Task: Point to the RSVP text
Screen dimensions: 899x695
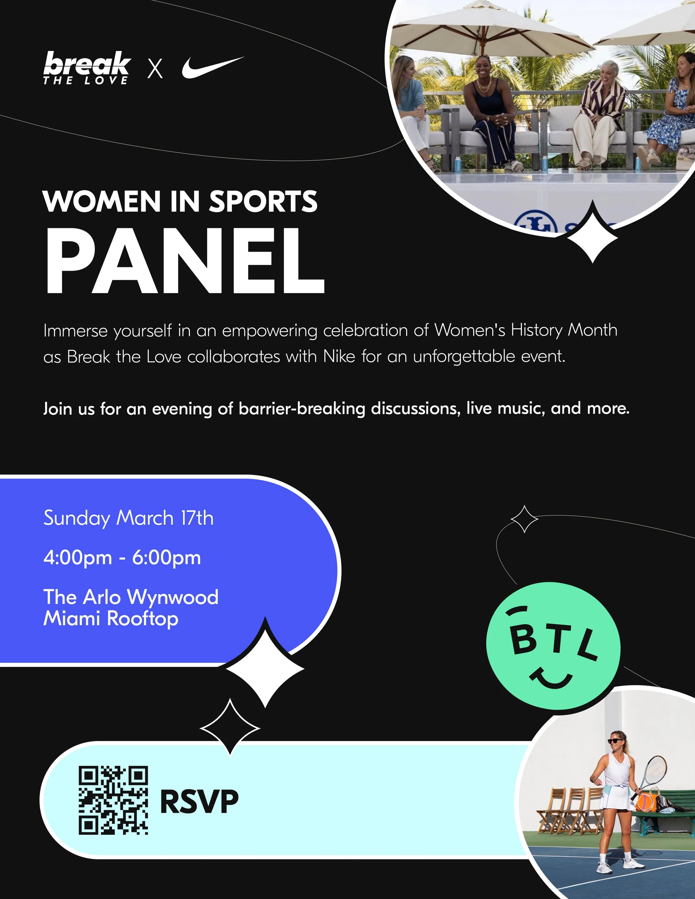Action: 199,801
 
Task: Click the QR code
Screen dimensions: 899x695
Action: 113,801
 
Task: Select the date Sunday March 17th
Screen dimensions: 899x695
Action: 128,518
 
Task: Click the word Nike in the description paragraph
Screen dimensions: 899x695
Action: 339,357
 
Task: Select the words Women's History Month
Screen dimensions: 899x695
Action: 526,330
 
